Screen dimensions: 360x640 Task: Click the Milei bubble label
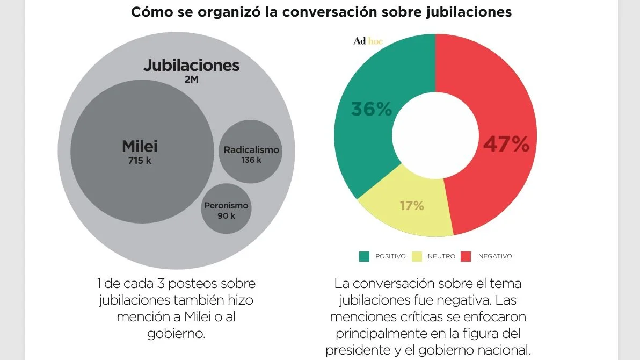[x=140, y=146]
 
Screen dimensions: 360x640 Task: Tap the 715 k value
[x=140, y=160]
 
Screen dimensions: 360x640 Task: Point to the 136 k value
[x=251, y=160]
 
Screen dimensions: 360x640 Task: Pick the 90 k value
[x=226, y=216]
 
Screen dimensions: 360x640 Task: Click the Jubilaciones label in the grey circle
[x=191, y=66]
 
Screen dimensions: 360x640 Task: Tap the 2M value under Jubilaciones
[x=192, y=81]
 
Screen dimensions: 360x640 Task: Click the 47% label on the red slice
[x=506, y=144]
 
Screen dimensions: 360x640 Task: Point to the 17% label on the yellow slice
[x=412, y=205]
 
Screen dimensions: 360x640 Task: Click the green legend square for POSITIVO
[x=365, y=256]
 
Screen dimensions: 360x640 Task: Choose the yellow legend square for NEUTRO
[x=417, y=256]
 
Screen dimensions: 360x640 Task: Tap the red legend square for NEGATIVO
[x=467, y=256]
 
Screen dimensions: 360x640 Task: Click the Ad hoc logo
[x=368, y=41]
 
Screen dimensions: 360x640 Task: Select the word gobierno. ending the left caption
[x=176, y=333]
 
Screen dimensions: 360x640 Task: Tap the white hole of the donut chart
[x=435, y=134]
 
